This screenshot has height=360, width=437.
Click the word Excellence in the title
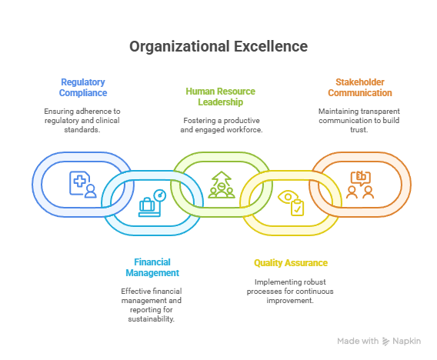(x=271, y=46)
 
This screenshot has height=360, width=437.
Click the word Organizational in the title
(x=180, y=47)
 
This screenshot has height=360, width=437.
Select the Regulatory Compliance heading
(x=83, y=87)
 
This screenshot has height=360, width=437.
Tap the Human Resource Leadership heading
(x=221, y=96)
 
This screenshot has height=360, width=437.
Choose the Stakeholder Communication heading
(x=360, y=87)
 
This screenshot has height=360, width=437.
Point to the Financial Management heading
(x=152, y=267)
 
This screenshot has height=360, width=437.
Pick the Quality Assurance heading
(x=291, y=263)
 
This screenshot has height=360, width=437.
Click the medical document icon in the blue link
(x=83, y=185)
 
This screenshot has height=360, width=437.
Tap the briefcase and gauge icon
(x=152, y=203)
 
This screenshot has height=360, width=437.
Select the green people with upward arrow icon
(x=222, y=185)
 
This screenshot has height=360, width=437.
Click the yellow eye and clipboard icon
(x=291, y=203)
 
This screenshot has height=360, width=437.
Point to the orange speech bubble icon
(x=360, y=178)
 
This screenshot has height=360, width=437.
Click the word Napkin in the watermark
(x=407, y=341)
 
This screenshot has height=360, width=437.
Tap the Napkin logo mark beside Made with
(x=385, y=341)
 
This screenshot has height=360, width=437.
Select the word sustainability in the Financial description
(x=151, y=318)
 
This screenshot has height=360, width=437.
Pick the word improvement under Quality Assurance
(x=289, y=300)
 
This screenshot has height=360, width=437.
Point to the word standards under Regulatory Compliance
(x=82, y=129)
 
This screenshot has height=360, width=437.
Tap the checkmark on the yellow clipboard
(x=298, y=209)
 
